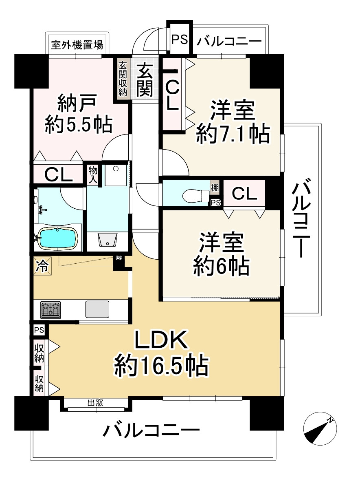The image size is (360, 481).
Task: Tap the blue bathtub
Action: [57, 238]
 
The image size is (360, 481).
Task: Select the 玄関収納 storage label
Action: [123, 79]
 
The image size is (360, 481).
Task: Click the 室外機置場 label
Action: [77, 44]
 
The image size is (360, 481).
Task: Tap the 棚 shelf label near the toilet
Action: [215, 188]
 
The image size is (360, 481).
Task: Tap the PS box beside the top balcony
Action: [179, 40]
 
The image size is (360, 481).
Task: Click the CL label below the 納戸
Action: [58, 174]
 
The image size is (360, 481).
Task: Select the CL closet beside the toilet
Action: [244, 194]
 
